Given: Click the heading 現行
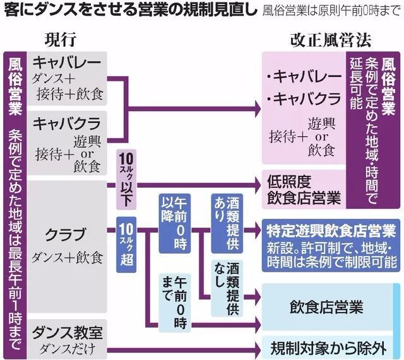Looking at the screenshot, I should pyautogui.click(x=61, y=39).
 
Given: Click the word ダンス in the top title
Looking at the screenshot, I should pyautogui.click(x=60, y=11).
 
